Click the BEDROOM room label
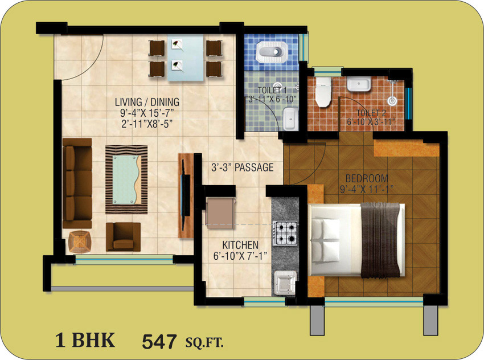click(x=367, y=178)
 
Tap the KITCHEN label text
click(x=240, y=245)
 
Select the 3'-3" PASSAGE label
click(x=243, y=167)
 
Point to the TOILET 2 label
click(x=371, y=113)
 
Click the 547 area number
click(x=159, y=341)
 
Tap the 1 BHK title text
click(x=85, y=340)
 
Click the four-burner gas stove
click(x=285, y=233)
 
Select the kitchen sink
click(x=285, y=282)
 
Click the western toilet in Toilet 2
click(x=323, y=92)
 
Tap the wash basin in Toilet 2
click(x=359, y=84)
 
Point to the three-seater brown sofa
click(x=77, y=183)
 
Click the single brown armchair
click(x=123, y=236)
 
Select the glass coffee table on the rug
click(x=126, y=179)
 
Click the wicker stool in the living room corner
click(x=80, y=242)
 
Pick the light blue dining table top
click(x=186, y=58)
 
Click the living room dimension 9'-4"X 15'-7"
click(x=147, y=113)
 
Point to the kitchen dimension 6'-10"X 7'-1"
click(x=240, y=256)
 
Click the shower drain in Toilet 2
click(x=392, y=100)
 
